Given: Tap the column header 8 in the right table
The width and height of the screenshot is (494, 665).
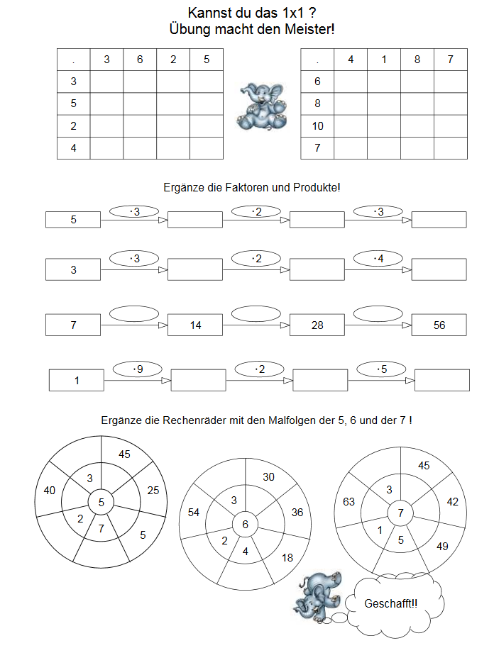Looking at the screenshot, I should tap(417, 60).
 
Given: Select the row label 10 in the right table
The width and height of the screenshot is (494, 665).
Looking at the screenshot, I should tap(317, 126).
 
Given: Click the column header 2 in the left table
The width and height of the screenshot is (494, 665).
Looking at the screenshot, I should tap(174, 60).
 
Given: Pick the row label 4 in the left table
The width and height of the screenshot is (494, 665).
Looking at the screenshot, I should tap(74, 148).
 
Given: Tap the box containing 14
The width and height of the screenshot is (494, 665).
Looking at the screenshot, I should tap(196, 325).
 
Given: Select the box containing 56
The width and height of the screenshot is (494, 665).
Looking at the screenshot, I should tap(439, 325).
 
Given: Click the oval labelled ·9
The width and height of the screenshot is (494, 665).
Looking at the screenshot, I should tap(138, 369).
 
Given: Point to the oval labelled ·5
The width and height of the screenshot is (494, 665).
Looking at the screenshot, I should tap(382, 369).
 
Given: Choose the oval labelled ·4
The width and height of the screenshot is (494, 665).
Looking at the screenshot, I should tap(379, 259).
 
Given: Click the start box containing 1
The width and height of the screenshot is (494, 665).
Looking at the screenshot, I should tap(77, 381).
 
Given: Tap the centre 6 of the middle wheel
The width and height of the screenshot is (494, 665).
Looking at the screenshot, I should tap(246, 525).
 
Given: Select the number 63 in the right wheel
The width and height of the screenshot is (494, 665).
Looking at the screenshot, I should tap(349, 502).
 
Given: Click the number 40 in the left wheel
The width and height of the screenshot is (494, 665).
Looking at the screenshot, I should tap(50, 491).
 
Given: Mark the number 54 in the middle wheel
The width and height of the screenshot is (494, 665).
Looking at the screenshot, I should tap(194, 512).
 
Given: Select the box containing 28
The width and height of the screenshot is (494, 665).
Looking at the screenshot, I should tap(317, 325).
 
